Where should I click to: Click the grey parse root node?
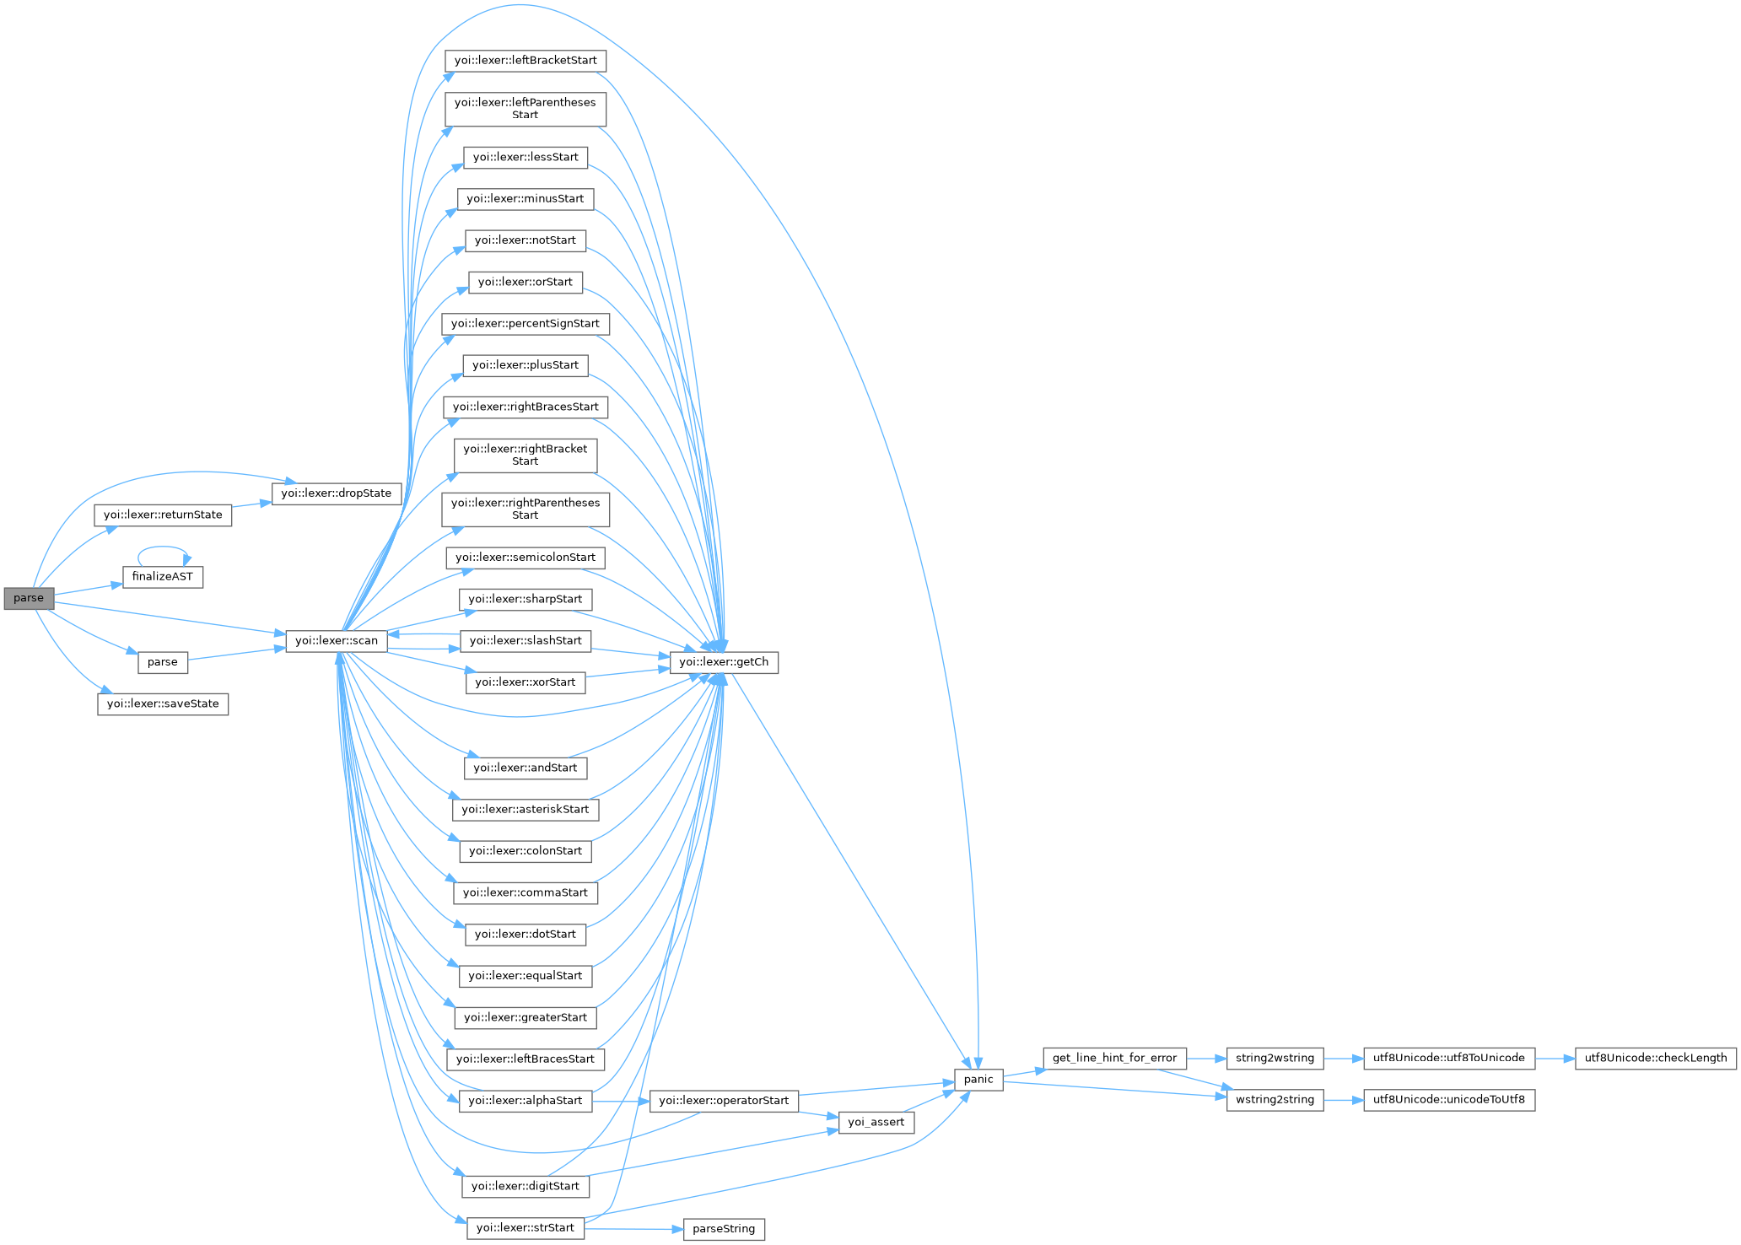point(29,598)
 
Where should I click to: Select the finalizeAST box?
point(163,577)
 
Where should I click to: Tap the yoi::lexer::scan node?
point(337,641)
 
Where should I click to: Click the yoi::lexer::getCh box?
point(724,662)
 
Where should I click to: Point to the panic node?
point(978,1080)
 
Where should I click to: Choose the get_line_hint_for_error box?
point(1114,1058)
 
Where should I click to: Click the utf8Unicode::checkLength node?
point(1655,1058)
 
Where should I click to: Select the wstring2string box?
point(1275,1100)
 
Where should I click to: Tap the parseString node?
point(724,1229)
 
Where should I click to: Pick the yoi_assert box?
point(876,1122)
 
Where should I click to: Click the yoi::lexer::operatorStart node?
point(724,1101)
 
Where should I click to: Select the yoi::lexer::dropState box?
point(337,493)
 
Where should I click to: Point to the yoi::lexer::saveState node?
point(163,704)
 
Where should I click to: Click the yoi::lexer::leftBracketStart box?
point(526,61)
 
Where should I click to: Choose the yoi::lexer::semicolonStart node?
point(526,558)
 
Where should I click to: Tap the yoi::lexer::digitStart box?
point(526,1186)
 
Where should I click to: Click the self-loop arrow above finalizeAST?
point(163,547)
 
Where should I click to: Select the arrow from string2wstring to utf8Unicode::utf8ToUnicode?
point(1343,1058)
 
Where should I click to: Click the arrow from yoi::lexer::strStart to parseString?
point(633,1229)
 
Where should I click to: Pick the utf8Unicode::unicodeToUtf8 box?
point(1449,1100)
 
